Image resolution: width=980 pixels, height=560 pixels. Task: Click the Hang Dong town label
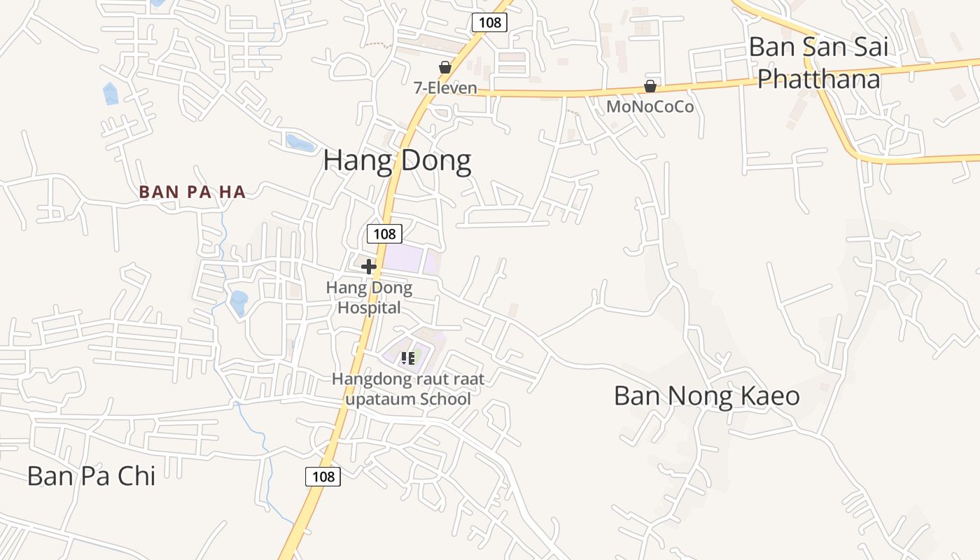(x=397, y=161)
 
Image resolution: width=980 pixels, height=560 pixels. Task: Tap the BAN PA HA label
(x=192, y=192)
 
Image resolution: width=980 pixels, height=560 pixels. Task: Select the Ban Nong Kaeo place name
(x=706, y=396)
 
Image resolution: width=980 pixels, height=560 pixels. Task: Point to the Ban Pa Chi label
(x=91, y=476)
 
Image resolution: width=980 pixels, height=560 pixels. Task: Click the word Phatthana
(x=818, y=79)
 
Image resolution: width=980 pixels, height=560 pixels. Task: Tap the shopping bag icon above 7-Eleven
(x=444, y=67)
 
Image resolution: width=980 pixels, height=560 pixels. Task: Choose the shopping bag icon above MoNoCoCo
(x=650, y=86)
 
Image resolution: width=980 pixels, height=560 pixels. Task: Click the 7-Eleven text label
(x=444, y=88)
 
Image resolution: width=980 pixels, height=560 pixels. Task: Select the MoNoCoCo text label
(x=650, y=107)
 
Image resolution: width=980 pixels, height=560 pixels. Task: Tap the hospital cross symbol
(x=369, y=267)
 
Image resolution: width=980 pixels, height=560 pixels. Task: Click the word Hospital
(x=370, y=307)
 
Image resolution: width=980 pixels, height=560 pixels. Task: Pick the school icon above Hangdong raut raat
(x=408, y=358)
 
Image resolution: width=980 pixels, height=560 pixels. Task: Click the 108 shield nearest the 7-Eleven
(x=489, y=22)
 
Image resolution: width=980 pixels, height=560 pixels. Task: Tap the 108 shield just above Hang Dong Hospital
(x=384, y=234)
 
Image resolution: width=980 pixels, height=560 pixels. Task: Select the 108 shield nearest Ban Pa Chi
(x=323, y=477)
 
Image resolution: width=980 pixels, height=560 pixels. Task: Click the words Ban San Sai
(x=818, y=48)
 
